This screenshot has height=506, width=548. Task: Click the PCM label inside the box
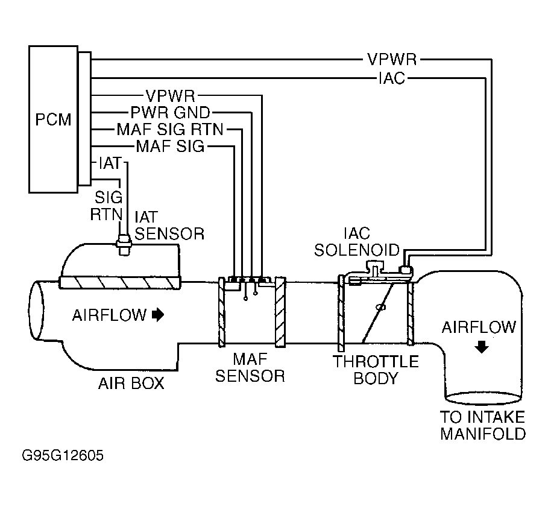(x=52, y=119)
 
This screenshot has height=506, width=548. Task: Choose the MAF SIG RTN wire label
(x=170, y=129)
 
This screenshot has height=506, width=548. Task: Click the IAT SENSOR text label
(x=168, y=224)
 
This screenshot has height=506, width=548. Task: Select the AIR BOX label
(x=131, y=383)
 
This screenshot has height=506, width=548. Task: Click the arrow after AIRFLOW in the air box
(x=158, y=314)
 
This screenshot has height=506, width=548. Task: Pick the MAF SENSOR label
(x=250, y=368)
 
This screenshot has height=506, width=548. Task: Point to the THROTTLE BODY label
(x=376, y=370)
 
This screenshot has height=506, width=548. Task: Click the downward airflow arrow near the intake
(x=480, y=348)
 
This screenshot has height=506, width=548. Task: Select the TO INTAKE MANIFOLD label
(x=482, y=425)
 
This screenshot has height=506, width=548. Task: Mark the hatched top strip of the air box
(x=120, y=282)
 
